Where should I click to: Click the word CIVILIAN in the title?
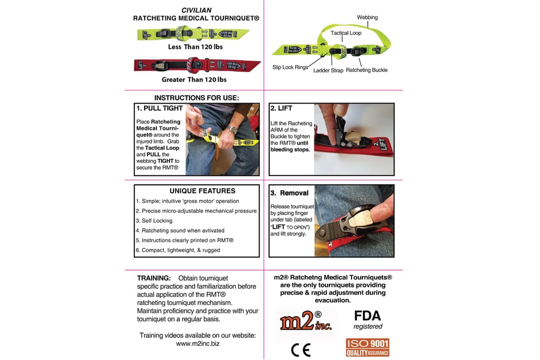tap(196, 10)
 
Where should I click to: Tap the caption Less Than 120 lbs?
tap(195, 47)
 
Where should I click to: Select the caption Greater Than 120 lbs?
tap(194, 80)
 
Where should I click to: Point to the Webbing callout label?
tap(367, 17)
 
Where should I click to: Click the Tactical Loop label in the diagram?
tap(346, 33)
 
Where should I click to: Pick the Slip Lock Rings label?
tap(291, 67)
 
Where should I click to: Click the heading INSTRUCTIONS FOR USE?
tap(197, 98)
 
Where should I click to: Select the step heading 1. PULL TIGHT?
tap(159, 108)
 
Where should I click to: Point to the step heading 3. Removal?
tap(289, 193)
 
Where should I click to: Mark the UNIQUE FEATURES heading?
tap(202, 191)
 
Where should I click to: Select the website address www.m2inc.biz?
tap(198, 343)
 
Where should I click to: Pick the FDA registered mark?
tap(368, 319)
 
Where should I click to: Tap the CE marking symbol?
tap(301, 350)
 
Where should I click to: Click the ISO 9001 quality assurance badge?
tap(367, 348)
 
